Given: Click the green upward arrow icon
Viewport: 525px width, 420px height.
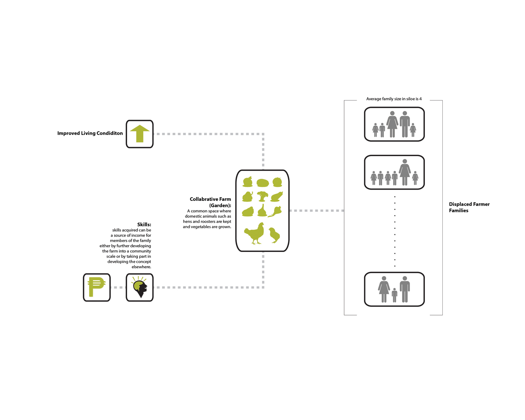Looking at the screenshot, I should pos(140,134).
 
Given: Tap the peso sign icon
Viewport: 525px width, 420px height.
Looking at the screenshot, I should pos(97,287).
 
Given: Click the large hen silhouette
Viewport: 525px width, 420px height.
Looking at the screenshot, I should pos(254,233).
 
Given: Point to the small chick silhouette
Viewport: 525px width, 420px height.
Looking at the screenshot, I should pos(274,235).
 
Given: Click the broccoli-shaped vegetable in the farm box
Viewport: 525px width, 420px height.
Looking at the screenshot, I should pos(262,196).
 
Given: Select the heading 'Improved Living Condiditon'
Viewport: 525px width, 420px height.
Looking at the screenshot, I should pos(90,133).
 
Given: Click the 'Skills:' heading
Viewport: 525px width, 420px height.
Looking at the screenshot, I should pos(144,224).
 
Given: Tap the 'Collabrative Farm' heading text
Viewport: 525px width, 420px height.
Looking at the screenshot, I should pos(210,199).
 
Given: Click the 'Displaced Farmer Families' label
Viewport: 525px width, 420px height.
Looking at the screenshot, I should pos(469,207).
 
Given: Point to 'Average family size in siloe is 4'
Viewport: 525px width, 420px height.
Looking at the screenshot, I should pos(394,99).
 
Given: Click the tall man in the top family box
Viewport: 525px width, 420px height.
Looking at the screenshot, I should pos(405,124).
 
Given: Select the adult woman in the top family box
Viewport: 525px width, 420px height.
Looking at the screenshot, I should pos(392,124).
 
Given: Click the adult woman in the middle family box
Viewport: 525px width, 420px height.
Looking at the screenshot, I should pos(405,172).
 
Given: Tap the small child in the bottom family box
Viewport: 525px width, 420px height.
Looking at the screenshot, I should pos(394,295).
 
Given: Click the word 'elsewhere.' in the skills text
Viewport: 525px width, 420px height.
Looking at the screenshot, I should pos(141,267).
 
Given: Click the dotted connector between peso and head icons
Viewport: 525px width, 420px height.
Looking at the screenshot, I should pos(118,287).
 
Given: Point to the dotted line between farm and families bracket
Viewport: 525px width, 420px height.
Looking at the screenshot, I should pos(317,211).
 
